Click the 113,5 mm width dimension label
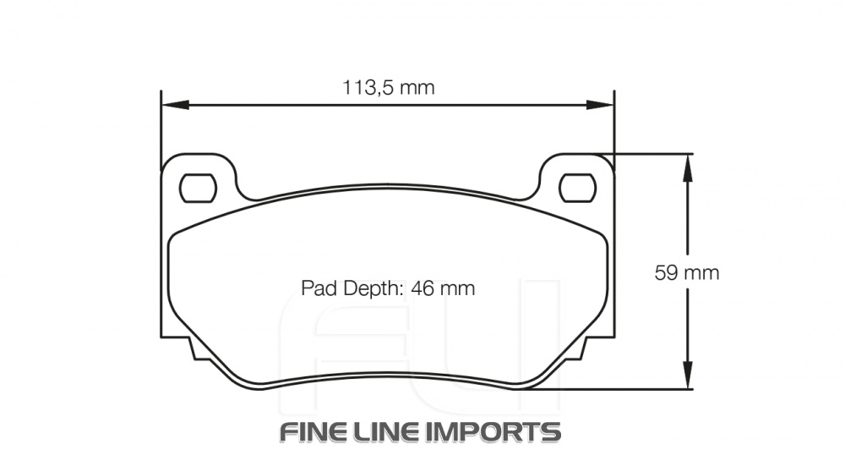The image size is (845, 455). [x=388, y=87]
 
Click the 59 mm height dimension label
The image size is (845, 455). [x=687, y=272]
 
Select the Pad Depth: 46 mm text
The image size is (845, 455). [x=388, y=288]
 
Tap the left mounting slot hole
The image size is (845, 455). [x=199, y=187]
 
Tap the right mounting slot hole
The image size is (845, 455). [x=577, y=187]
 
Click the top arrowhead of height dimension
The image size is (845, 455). [x=689, y=165]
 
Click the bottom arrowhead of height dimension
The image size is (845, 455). [x=689, y=378]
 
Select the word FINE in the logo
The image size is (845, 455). [x=318, y=431]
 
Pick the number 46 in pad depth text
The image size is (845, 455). [x=422, y=288]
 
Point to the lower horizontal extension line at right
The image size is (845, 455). [x=625, y=389]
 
